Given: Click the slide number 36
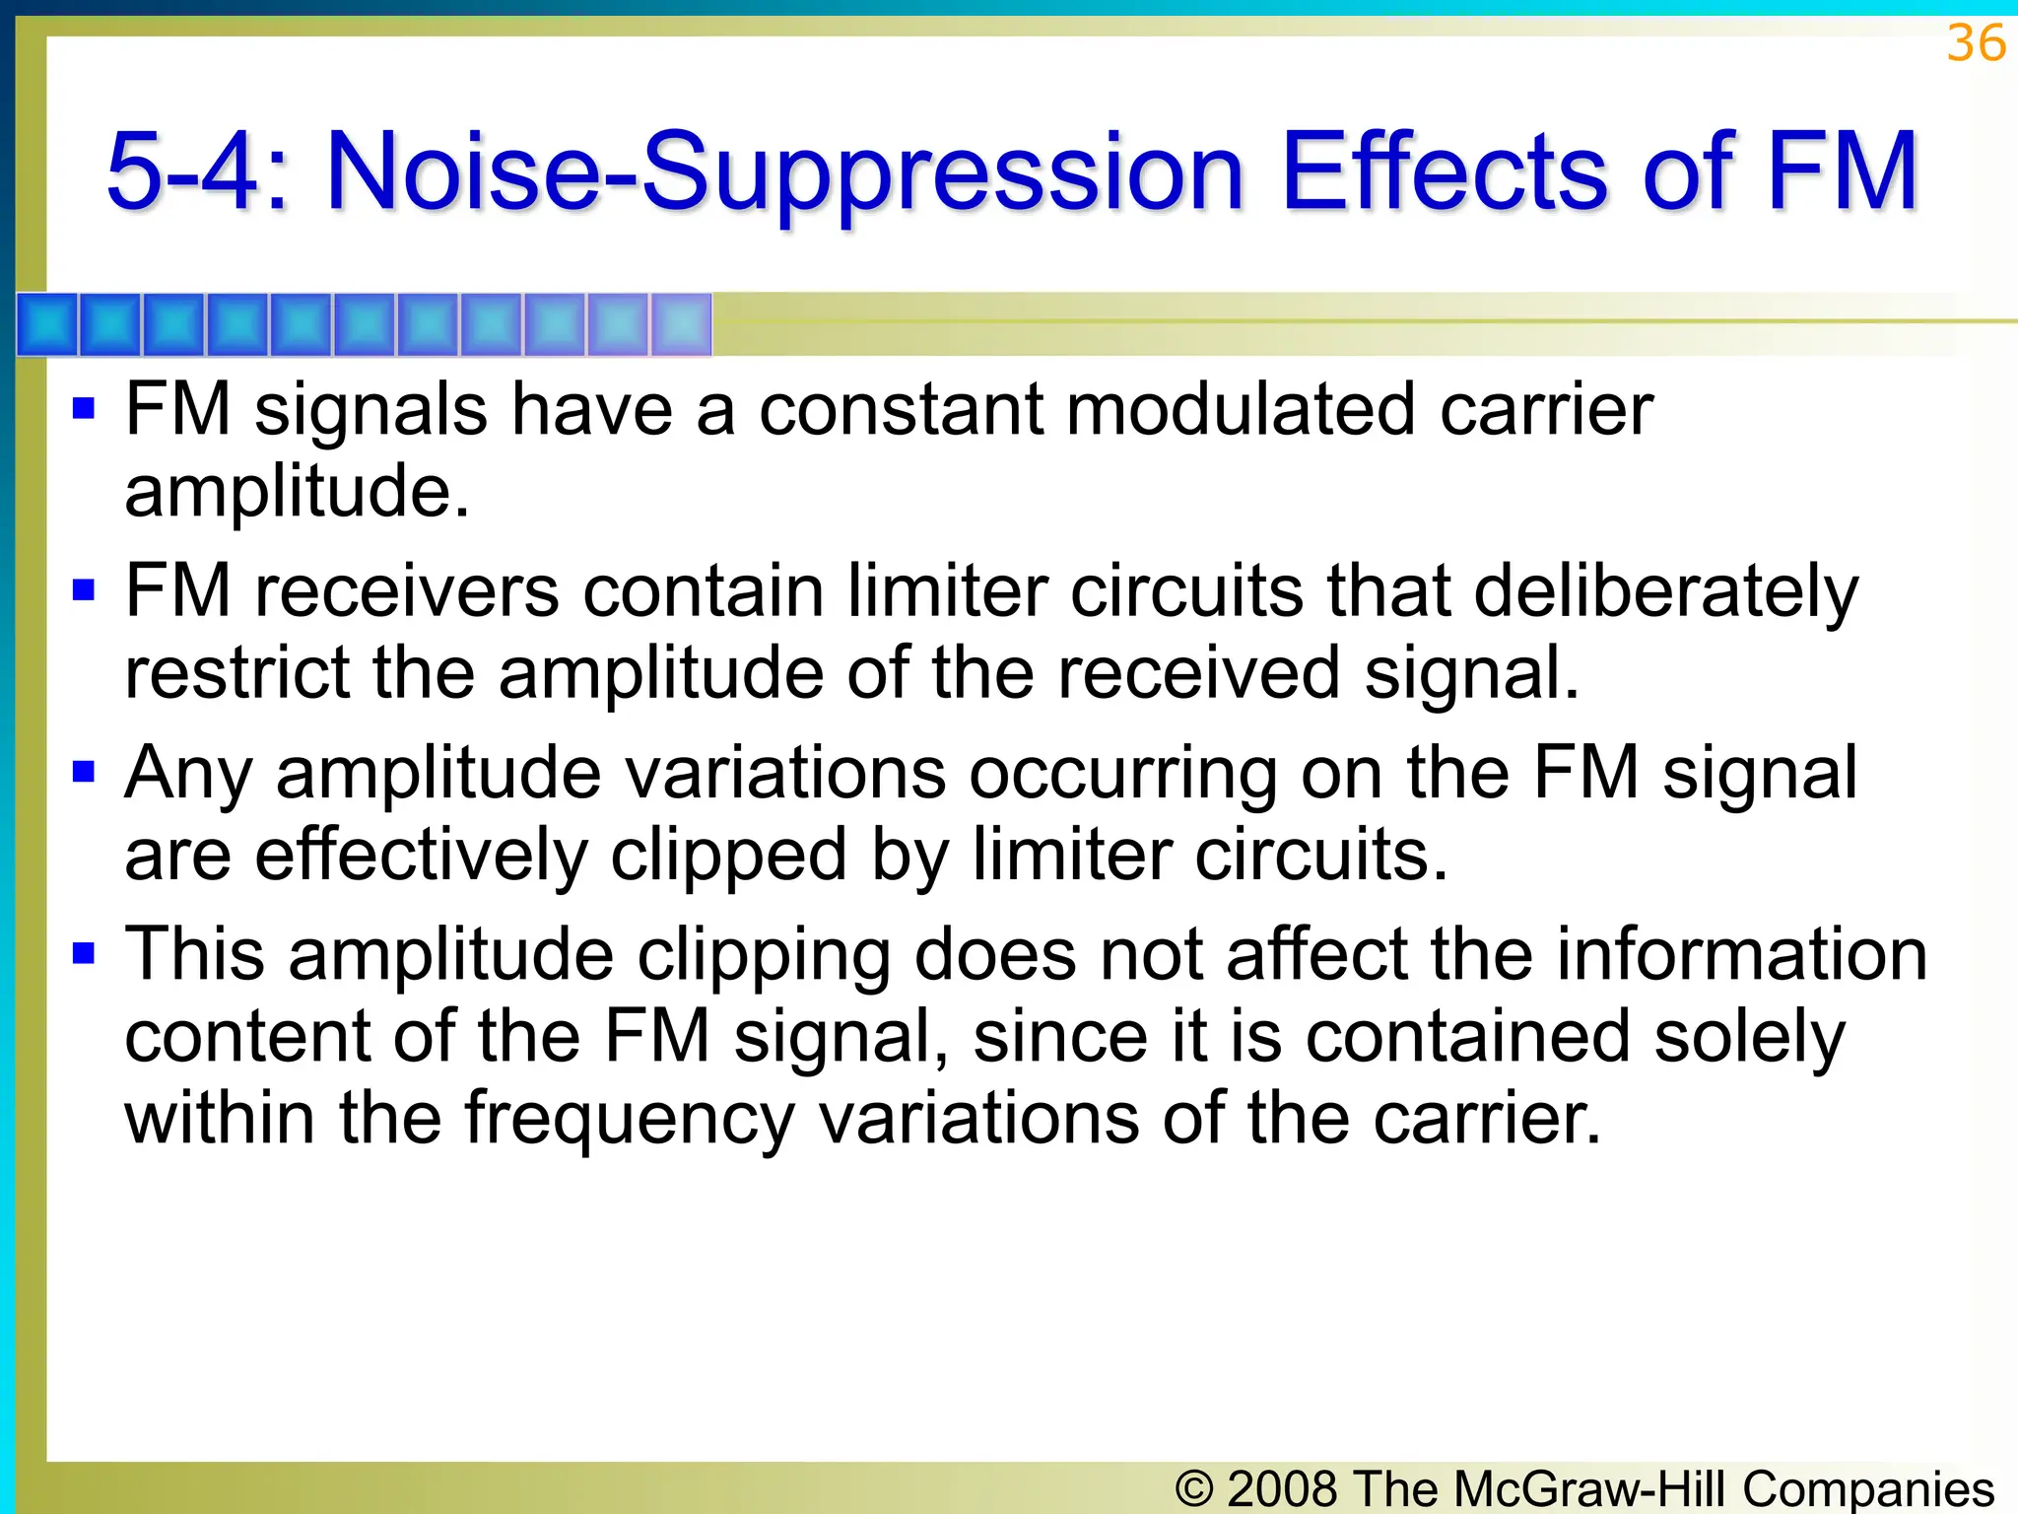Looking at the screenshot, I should pyautogui.click(x=1976, y=44).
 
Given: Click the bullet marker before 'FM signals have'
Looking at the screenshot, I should pyautogui.click(x=84, y=408).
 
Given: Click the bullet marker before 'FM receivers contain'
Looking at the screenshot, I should pyautogui.click(x=84, y=590).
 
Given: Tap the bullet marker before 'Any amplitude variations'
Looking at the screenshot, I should pyautogui.click(x=84, y=772).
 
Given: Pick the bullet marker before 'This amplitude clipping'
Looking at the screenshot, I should pyautogui.click(x=84, y=953).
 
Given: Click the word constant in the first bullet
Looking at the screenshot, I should pyautogui.click(x=901, y=410).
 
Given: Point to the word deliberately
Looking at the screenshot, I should pyautogui.click(x=1665, y=593).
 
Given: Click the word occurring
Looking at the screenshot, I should pyautogui.click(x=1123, y=775).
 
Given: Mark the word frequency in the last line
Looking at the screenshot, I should pyautogui.click(x=630, y=1121).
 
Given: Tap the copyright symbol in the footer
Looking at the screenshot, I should pyautogui.click(x=1193, y=1488).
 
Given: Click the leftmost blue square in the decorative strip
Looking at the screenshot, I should pyautogui.click(x=47, y=324).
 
